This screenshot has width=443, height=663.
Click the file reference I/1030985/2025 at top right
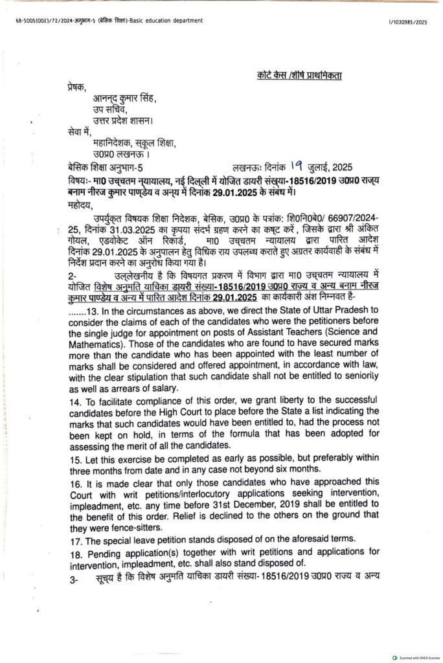coord(408,21)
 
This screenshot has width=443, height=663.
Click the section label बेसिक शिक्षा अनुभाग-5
coord(106,166)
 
